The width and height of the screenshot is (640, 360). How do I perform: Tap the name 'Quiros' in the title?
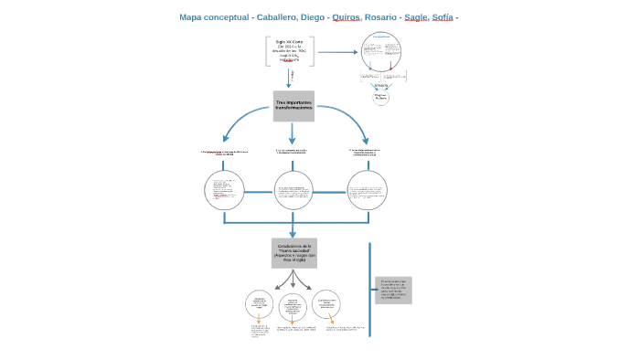click(x=346, y=17)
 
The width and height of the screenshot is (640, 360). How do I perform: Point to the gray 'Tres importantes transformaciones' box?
click(x=293, y=106)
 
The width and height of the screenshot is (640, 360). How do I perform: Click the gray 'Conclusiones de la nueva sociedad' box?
click(x=293, y=253)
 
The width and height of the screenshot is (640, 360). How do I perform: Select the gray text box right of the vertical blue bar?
click(x=393, y=290)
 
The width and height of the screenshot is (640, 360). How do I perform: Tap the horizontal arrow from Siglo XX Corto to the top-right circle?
click(x=337, y=52)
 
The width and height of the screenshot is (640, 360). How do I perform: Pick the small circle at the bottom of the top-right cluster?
click(x=380, y=97)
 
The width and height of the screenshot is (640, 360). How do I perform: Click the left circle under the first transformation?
click(x=224, y=191)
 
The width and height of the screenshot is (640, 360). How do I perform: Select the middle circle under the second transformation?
click(x=293, y=191)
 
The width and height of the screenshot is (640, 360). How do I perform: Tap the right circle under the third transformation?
click(x=367, y=191)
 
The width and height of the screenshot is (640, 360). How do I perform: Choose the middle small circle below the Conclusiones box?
click(x=293, y=306)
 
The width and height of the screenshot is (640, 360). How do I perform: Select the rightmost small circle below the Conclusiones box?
click(x=326, y=303)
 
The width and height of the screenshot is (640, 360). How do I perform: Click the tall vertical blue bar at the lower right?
click(x=370, y=289)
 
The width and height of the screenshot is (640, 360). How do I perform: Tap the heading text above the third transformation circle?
click(x=364, y=152)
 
